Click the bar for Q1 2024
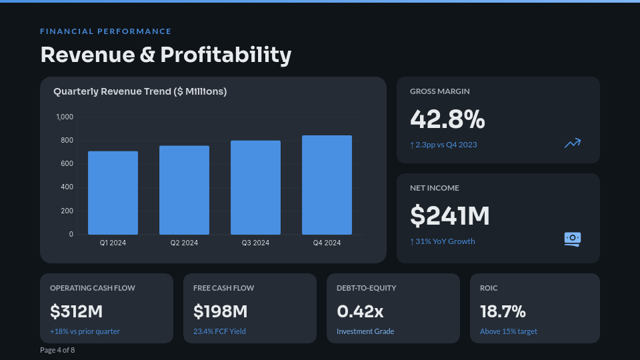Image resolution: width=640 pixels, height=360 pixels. click(113, 193)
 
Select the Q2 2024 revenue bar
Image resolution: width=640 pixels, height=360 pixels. click(184, 190)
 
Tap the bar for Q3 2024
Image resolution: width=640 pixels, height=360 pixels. click(255, 187)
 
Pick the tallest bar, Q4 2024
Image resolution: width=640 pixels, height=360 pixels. click(327, 185)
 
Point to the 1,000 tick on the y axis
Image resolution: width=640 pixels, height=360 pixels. click(65, 117)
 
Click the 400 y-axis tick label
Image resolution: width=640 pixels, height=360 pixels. click(67, 187)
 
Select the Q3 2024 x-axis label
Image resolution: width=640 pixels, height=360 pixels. click(255, 243)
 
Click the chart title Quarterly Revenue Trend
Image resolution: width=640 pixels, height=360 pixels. click(140, 91)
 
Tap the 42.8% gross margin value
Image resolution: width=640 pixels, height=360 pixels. click(447, 119)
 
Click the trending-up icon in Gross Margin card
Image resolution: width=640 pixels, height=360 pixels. click(572, 143)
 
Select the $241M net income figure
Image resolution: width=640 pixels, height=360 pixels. click(450, 216)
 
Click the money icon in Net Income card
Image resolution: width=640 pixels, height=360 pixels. click(572, 239)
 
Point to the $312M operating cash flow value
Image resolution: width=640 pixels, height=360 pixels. click(77, 311)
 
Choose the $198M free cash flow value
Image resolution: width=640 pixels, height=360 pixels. click(220, 311)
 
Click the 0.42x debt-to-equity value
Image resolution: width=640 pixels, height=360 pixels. click(360, 311)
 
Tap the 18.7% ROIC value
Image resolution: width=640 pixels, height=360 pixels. click(503, 311)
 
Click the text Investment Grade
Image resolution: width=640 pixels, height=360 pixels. click(365, 331)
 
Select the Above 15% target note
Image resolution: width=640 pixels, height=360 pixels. click(508, 331)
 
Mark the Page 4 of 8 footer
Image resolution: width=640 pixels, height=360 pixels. click(57, 350)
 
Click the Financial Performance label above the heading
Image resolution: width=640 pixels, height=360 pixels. click(105, 31)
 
